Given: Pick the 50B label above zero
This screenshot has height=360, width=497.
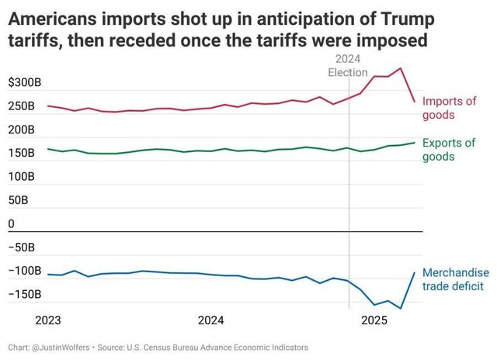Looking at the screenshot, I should pyautogui.click(x=18, y=200).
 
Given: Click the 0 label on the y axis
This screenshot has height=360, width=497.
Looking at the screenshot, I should pyautogui.click(x=11, y=224).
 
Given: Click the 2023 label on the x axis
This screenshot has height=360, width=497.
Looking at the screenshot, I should pyautogui.click(x=48, y=320).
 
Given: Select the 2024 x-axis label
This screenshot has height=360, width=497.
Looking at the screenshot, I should pyautogui.click(x=210, y=320).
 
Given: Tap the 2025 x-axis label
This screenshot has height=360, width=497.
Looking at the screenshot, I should pyautogui.click(x=374, y=320).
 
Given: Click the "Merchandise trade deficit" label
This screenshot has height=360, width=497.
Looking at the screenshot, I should pyautogui.click(x=455, y=279).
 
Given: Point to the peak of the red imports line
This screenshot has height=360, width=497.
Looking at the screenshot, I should pyautogui.click(x=401, y=68).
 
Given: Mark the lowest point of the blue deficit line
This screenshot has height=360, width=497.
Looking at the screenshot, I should pyautogui.click(x=401, y=309).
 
